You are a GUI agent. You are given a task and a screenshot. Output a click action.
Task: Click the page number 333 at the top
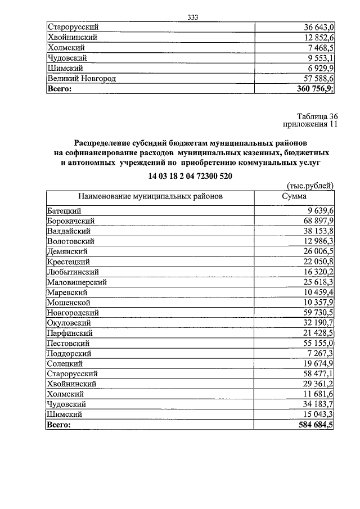(194, 16)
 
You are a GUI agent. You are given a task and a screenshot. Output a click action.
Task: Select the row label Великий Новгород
(82, 79)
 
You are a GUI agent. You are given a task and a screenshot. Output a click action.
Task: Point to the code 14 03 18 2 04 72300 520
(190, 176)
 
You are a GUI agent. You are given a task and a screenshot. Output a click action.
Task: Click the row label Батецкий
(65, 211)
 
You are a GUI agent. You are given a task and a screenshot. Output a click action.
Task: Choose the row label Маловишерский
(77, 282)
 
